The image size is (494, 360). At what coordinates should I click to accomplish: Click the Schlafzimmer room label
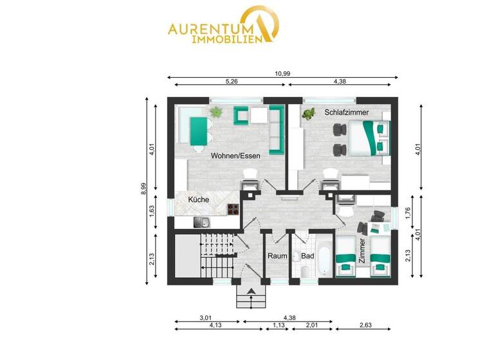[347, 113]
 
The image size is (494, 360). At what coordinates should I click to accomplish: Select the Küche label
[198, 201]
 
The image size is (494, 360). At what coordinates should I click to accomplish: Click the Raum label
[277, 255]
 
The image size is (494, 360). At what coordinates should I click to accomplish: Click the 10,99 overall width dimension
[281, 73]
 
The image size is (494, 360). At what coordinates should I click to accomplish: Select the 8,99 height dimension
[143, 190]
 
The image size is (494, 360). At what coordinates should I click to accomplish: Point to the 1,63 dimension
[152, 212]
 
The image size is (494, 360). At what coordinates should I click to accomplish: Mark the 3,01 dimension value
[205, 317]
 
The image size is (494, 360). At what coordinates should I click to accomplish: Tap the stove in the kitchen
[234, 209]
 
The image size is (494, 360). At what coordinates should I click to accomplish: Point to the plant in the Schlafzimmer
[309, 114]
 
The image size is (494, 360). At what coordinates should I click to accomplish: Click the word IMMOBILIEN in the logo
[226, 39]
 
